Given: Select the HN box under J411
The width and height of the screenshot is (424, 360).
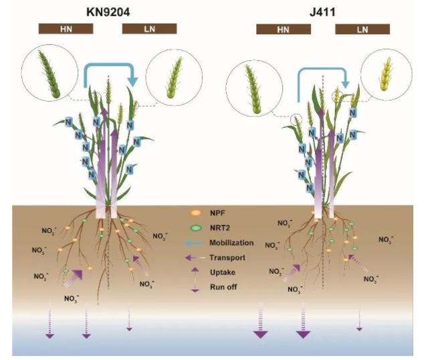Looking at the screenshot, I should click(284, 29).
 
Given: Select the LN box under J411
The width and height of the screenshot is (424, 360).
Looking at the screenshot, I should click(362, 29).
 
